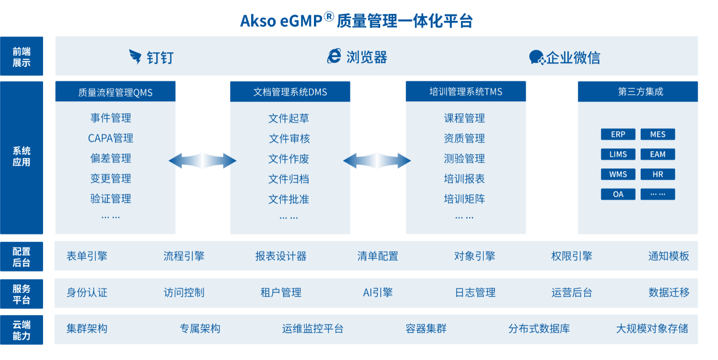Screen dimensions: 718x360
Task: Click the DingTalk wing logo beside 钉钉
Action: (x=135, y=57)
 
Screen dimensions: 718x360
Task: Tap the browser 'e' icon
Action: (x=334, y=56)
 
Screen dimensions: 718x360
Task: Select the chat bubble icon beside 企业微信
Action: (x=537, y=58)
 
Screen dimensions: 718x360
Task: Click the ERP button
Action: (x=618, y=134)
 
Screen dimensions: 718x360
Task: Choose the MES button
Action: (x=658, y=134)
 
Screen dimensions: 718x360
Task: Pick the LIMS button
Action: (x=618, y=154)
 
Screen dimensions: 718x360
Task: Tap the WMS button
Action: (x=618, y=174)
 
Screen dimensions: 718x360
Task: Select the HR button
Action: (x=658, y=174)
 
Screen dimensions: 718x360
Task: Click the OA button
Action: (x=618, y=194)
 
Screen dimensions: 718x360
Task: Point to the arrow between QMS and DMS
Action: (x=202, y=161)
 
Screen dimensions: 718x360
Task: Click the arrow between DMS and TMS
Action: (x=377, y=161)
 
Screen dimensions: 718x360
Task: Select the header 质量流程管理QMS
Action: (x=115, y=92)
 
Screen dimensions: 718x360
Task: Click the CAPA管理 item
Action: (x=110, y=138)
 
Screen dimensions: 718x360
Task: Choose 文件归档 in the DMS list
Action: (x=289, y=179)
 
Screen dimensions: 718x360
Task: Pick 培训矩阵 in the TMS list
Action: (x=465, y=199)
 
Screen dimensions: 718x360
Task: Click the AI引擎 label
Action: (x=378, y=293)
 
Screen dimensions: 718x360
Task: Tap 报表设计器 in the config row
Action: (x=281, y=256)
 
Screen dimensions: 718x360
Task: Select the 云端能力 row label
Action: (x=22, y=330)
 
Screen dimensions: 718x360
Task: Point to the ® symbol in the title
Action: (x=329, y=17)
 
